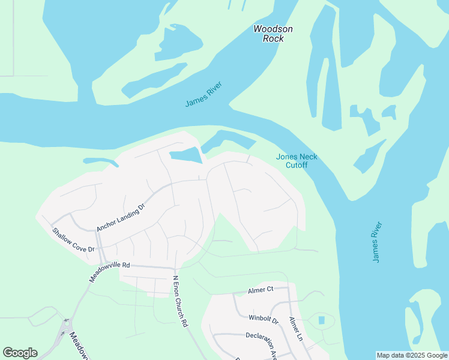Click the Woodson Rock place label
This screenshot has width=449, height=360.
click(x=273, y=34)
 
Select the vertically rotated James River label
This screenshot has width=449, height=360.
click(x=376, y=242)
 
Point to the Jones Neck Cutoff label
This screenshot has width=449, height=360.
click(x=297, y=161)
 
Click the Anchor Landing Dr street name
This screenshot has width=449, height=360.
click(x=121, y=217)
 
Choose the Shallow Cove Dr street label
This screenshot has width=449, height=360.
click(x=73, y=240)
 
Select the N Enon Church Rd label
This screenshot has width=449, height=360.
click(x=180, y=301)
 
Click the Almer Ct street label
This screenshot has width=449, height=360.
click(x=261, y=290)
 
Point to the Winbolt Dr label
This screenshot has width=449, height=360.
click(x=264, y=318)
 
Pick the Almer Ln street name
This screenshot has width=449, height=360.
click(x=296, y=329)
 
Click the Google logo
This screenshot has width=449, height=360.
click(x=20, y=353)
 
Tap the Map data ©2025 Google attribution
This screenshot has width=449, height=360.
click(x=412, y=355)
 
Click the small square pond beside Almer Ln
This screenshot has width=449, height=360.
click(x=321, y=320)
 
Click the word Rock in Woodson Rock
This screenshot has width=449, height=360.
click(x=273, y=38)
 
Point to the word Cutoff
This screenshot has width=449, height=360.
click(x=297, y=165)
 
